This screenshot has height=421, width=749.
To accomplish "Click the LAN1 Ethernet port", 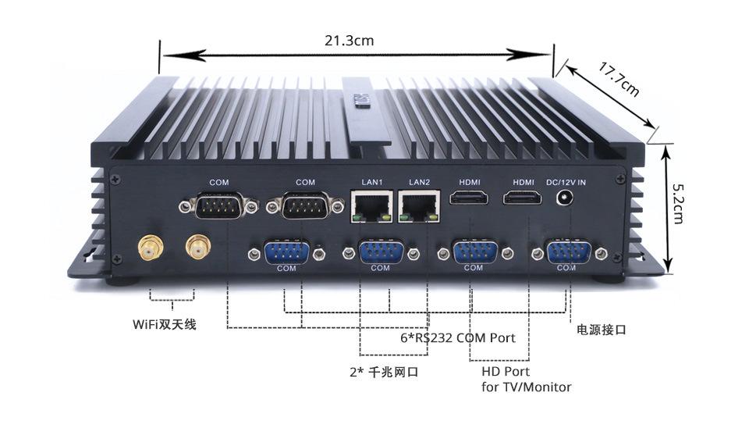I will (x=372, y=206).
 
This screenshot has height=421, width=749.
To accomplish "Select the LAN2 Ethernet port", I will (x=420, y=206).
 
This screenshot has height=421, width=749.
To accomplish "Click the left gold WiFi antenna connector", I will (x=149, y=249).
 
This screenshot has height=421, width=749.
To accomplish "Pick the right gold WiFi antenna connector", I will (x=197, y=249).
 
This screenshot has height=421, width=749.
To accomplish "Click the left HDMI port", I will (x=470, y=198).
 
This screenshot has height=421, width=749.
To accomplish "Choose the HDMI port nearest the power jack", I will (x=522, y=198).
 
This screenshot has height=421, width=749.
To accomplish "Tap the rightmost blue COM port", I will (x=568, y=253).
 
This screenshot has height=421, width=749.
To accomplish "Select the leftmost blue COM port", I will (x=286, y=253).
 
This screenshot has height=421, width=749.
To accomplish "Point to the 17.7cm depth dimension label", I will (x=619, y=78).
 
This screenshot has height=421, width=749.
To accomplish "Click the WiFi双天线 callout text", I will (x=164, y=323).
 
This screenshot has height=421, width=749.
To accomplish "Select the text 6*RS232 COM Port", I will (x=457, y=338).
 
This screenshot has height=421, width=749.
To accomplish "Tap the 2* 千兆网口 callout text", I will (x=383, y=372).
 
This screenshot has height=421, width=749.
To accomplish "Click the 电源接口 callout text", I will (x=601, y=330).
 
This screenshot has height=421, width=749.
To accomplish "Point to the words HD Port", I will (x=506, y=372).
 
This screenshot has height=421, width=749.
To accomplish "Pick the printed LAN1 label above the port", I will (x=372, y=183).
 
